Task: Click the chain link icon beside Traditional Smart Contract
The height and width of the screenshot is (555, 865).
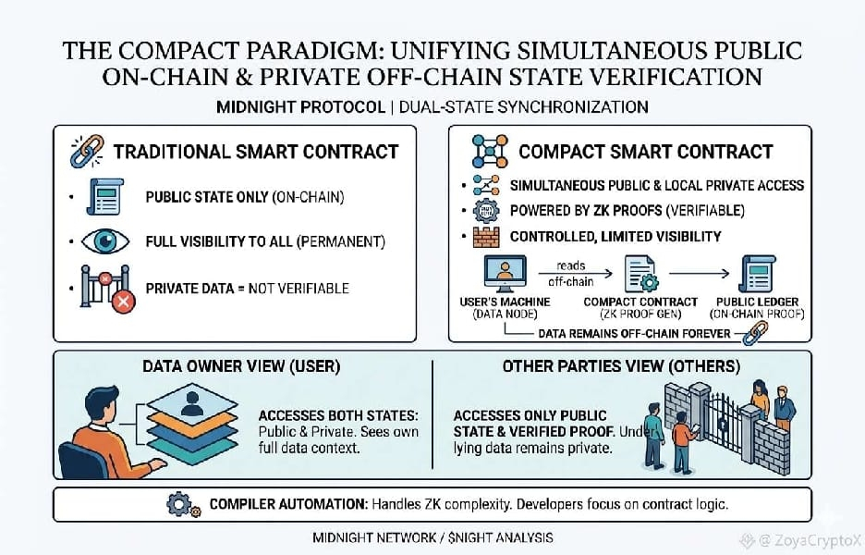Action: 87,151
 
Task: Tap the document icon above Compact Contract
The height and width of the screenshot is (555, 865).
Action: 638,275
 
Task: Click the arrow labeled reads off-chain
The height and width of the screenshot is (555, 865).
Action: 569,275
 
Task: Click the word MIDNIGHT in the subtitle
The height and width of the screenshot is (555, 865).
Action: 258,106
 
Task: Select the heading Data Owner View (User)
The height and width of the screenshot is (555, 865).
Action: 241,367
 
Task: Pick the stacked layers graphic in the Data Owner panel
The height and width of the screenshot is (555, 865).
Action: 192,417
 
